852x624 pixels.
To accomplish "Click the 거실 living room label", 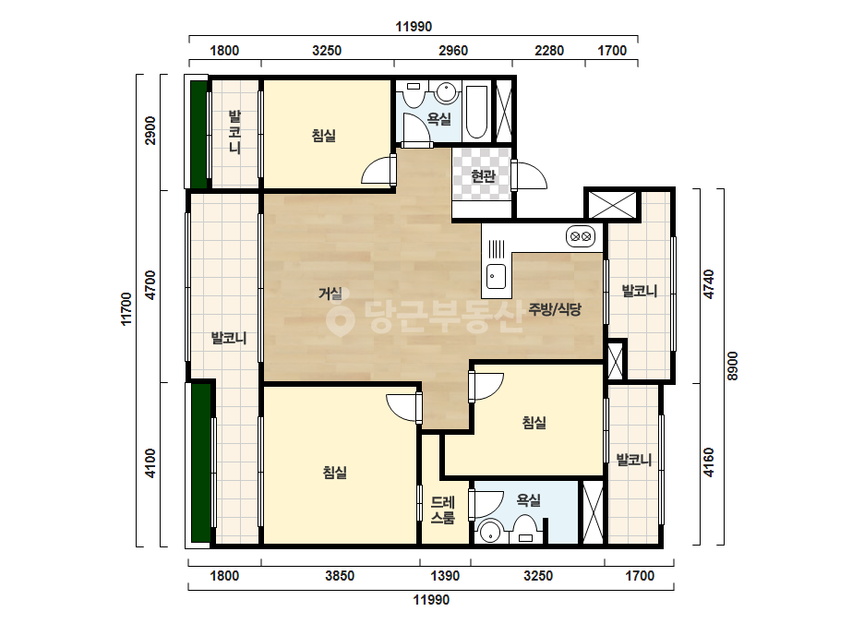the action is (330, 294).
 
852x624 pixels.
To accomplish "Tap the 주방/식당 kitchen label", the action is (555, 309).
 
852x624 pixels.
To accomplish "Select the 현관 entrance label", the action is (483, 176).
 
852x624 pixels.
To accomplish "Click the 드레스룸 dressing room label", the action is (443, 510).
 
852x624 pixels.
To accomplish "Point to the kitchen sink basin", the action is (496, 277).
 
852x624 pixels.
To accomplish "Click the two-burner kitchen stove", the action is (581, 236).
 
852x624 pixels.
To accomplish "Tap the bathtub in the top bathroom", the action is (477, 112).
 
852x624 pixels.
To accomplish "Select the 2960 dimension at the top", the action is (453, 51).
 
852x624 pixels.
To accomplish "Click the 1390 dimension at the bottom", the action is (445, 576).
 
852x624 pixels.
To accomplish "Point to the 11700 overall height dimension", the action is (126, 308).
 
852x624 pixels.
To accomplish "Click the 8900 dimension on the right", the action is (733, 366).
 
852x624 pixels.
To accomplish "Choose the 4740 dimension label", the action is (709, 283).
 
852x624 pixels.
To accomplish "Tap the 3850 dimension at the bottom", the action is (340, 576).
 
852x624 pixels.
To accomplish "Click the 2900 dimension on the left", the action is (150, 130).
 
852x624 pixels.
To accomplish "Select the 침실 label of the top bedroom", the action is (324, 136).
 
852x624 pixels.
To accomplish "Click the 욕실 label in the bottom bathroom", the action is (529, 500).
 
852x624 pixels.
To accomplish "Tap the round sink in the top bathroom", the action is (447, 92).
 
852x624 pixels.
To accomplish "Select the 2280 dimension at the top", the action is (549, 51).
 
